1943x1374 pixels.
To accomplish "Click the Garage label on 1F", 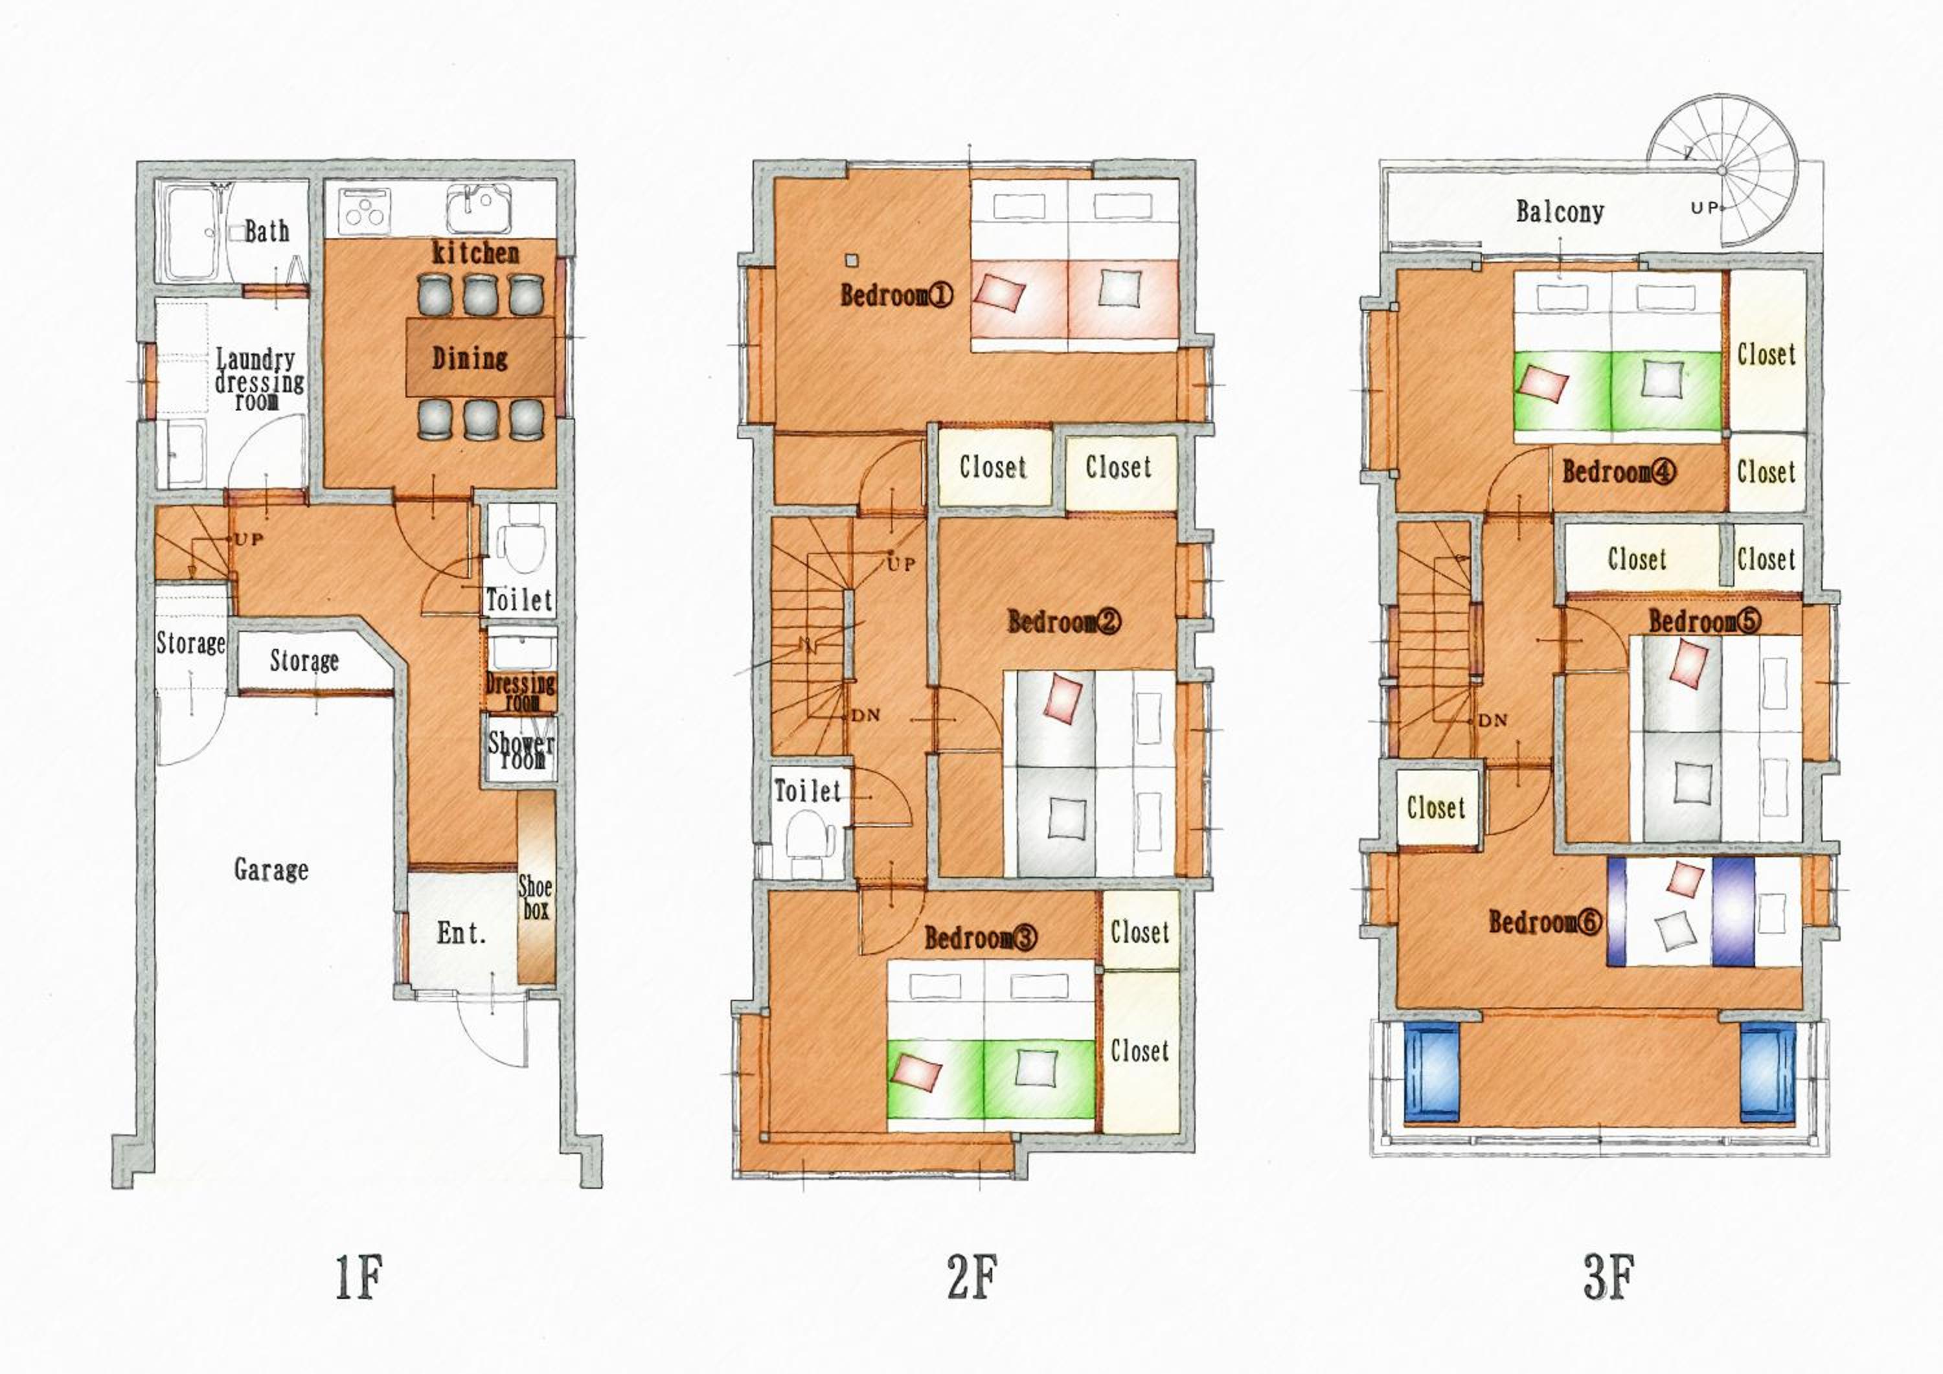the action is tap(271, 870).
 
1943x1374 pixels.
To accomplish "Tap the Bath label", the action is tap(267, 231).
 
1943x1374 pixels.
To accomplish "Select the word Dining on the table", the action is tap(470, 358).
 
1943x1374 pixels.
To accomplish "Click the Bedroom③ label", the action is tap(980, 938).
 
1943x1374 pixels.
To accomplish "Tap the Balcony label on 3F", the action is tap(1560, 212).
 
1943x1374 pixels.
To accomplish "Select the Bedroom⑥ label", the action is tap(1545, 922).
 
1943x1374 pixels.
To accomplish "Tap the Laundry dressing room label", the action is tap(258, 380).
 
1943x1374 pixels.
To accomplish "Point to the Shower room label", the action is tap(521, 750).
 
